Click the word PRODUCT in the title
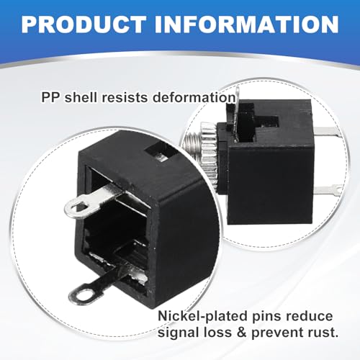[84, 24]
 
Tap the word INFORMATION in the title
[248, 24]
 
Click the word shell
[81, 97]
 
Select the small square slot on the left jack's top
[159, 151]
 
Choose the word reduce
[309, 316]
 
